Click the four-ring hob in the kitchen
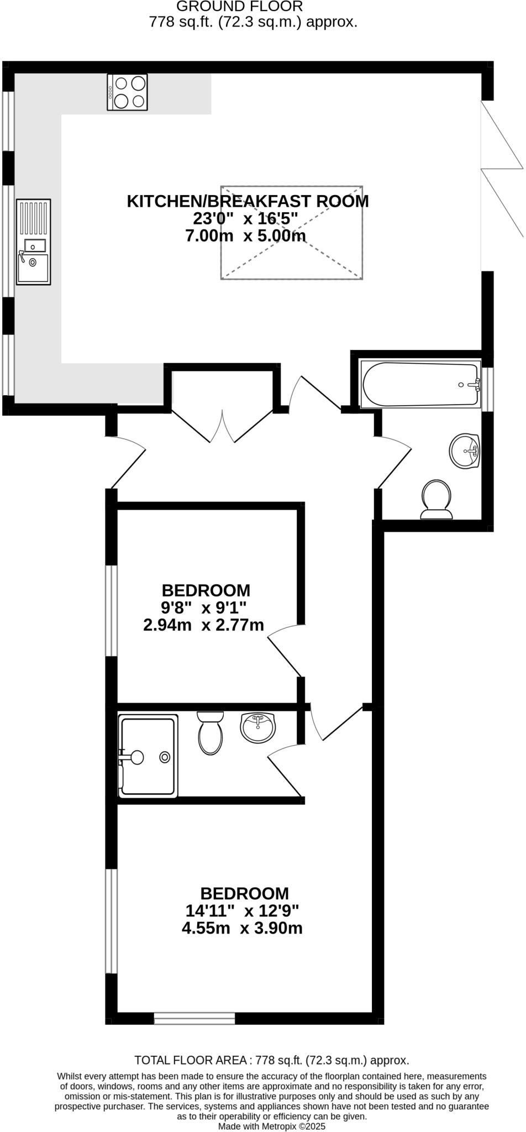click(128, 92)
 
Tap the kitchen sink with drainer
click(33, 242)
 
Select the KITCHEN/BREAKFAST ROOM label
click(248, 201)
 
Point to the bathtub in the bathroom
click(420, 385)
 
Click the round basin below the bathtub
click(465, 450)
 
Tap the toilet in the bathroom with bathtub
click(436, 499)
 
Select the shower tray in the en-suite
click(148, 756)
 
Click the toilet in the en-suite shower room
click(210, 733)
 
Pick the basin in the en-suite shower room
click(257, 727)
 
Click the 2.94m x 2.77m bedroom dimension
click(203, 626)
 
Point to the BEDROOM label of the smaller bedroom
click(206, 590)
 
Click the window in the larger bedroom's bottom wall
click(194, 1018)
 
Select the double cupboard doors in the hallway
click(222, 427)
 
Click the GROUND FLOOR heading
click(239, 7)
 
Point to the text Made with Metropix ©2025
click(272, 1126)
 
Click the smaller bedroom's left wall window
click(112, 610)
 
